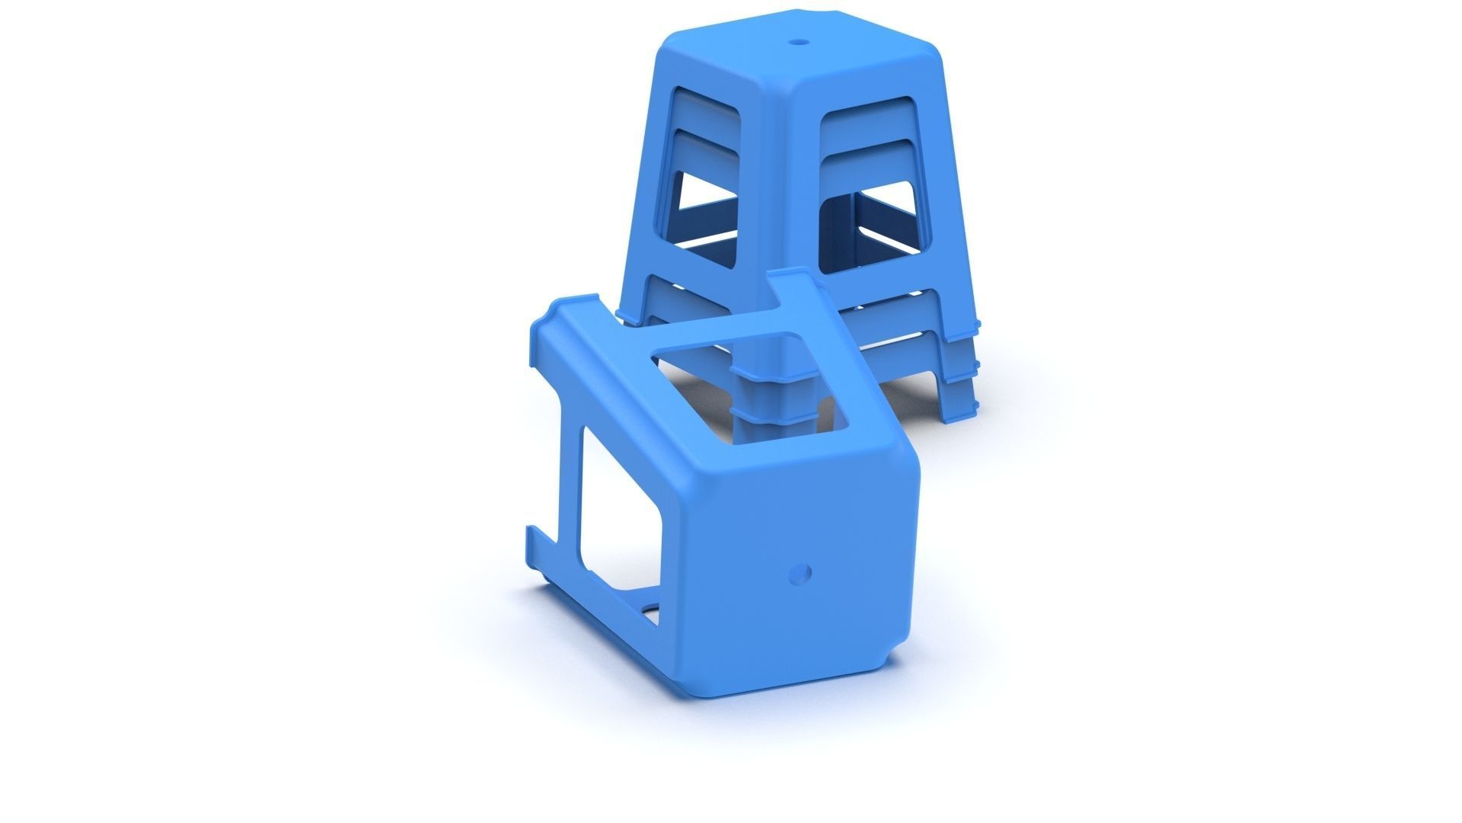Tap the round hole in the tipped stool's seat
[800, 573]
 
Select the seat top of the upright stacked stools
[792, 57]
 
